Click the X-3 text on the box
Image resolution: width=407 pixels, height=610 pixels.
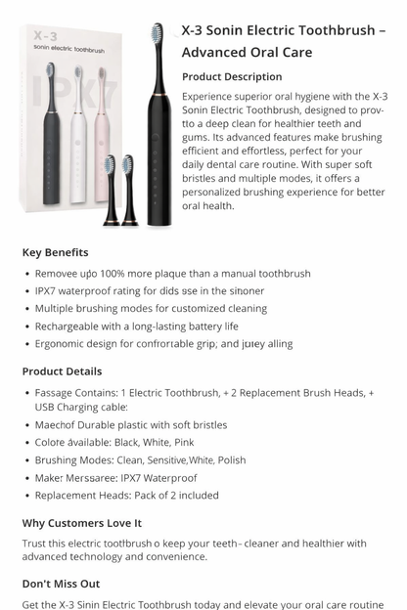click(x=45, y=36)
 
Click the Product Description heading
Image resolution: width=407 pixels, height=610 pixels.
click(x=232, y=76)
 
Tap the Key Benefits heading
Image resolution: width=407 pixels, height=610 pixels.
click(x=55, y=252)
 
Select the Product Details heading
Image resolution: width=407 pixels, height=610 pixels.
click(x=62, y=371)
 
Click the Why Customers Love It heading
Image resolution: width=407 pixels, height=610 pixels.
click(x=81, y=523)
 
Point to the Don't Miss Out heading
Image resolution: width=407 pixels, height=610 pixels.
click(x=61, y=584)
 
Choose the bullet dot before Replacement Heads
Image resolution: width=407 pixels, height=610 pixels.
click(x=25, y=496)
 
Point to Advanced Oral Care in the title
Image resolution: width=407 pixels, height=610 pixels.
click(x=247, y=52)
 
